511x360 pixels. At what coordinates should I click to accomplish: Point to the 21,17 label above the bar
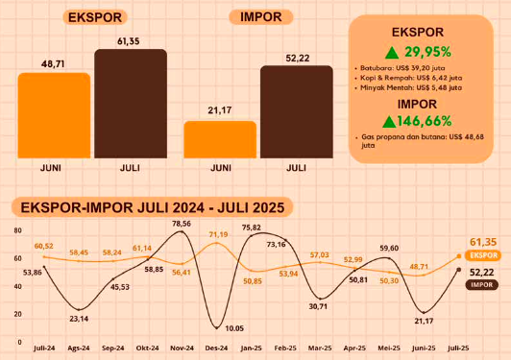coord(220,110)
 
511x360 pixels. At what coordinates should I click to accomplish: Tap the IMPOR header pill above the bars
coord(262,17)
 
